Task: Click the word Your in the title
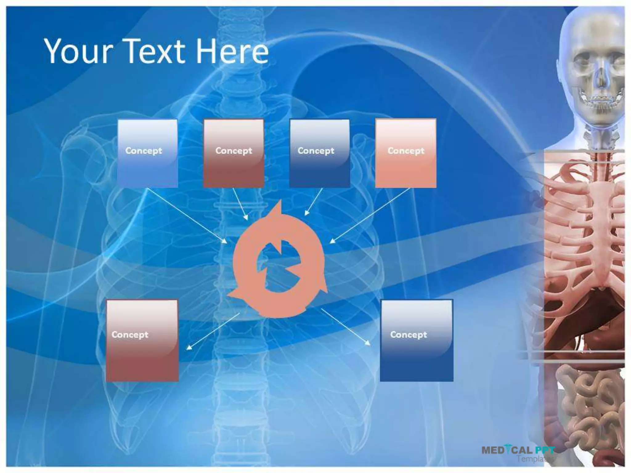(x=78, y=51)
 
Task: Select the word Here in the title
(x=232, y=51)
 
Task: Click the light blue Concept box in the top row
(x=148, y=153)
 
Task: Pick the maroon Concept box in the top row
(x=234, y=153)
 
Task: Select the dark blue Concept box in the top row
(x=320, y=153)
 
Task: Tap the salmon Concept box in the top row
(x=406, y=153)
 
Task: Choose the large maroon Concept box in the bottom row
(x=142, y=341)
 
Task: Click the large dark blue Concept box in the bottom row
(x=417, y=341)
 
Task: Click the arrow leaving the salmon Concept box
(x=370, y=216)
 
